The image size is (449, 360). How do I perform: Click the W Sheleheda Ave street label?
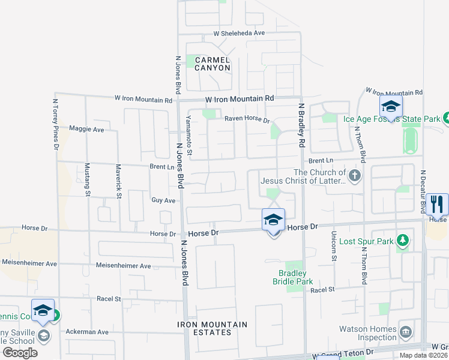pyautogui.click(x=238, y=34)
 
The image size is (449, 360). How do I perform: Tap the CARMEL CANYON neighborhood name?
pyautogui.click(x=212, y=64)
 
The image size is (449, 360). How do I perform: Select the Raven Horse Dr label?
pyautogui.click(x=247, y=119)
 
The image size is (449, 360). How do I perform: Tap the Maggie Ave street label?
pyautogui.click(x=86, y=129)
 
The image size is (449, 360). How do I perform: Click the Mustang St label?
pyautogui.click(x=87, y=180)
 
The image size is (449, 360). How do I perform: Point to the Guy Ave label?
pyautogui.click(x=163, y=200)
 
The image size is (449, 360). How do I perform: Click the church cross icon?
pyautogui.click(x=355, y=176)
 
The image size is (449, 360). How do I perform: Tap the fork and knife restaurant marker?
pyautogui.click(x=437, y=205)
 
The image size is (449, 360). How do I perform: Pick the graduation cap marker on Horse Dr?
pyautogui.click(x=273, y=220)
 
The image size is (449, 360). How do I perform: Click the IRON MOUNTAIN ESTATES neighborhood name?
pyautogui.click(x=212, y=328)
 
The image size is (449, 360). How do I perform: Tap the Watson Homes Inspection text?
pyautogui.click(x=367, y=333)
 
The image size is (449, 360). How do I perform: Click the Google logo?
pyautogui.click(x=20, y=353)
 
